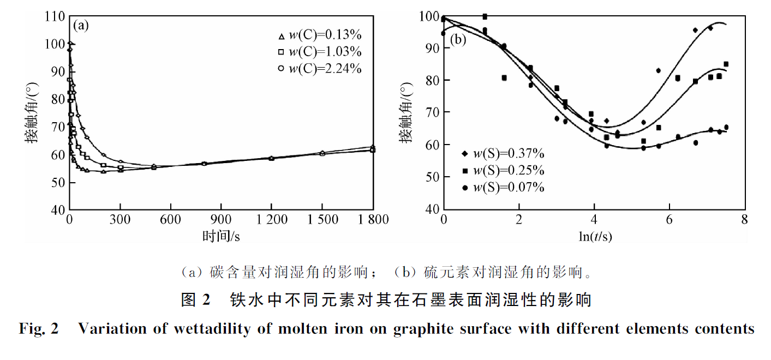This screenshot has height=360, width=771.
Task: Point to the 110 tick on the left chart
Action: click(55, 16)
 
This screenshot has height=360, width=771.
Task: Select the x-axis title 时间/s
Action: click(221, 236)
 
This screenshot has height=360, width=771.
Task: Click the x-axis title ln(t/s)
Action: click(594, 236)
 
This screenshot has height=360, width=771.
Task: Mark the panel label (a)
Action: click(81, 26)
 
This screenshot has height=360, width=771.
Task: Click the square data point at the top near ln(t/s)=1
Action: click(485, 17)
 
